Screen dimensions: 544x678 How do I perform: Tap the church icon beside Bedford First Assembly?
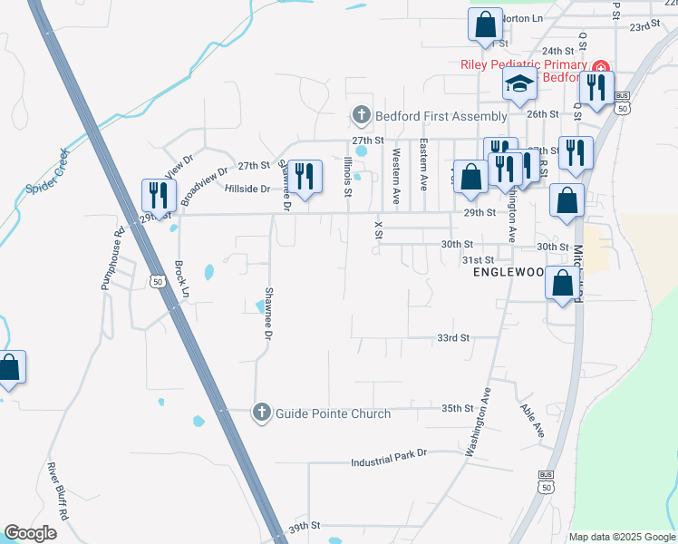[x=361, y=116]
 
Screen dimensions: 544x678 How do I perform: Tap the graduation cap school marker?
[x=520, y=84]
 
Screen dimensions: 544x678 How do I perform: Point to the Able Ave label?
[x=532, y=421]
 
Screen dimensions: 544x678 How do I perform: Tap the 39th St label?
[x=305, y=526]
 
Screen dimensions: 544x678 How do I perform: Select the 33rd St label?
[x=452, y=337]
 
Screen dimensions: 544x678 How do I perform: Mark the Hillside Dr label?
[x=247, y=189]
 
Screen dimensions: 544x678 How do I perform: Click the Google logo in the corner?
[x=30, y=533]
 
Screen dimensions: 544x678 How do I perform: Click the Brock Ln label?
[x=181, y=280]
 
